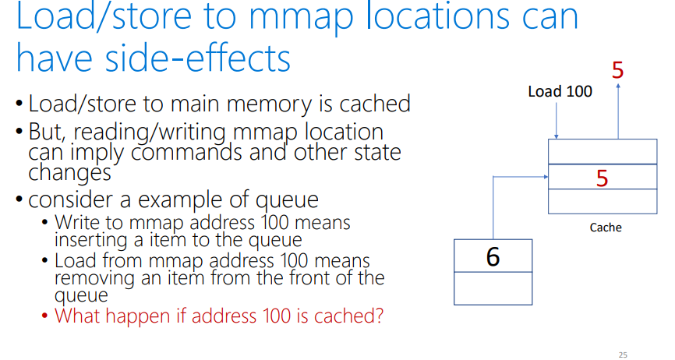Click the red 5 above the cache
click(617, 71)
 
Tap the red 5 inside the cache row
click(602, 178)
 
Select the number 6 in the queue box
click(493, 256)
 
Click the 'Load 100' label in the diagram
click(560, 91)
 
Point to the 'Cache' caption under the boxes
click(605, 228)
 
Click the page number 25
click(622, 355)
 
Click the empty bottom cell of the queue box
click(493, 288)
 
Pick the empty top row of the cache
click(602, 151)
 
